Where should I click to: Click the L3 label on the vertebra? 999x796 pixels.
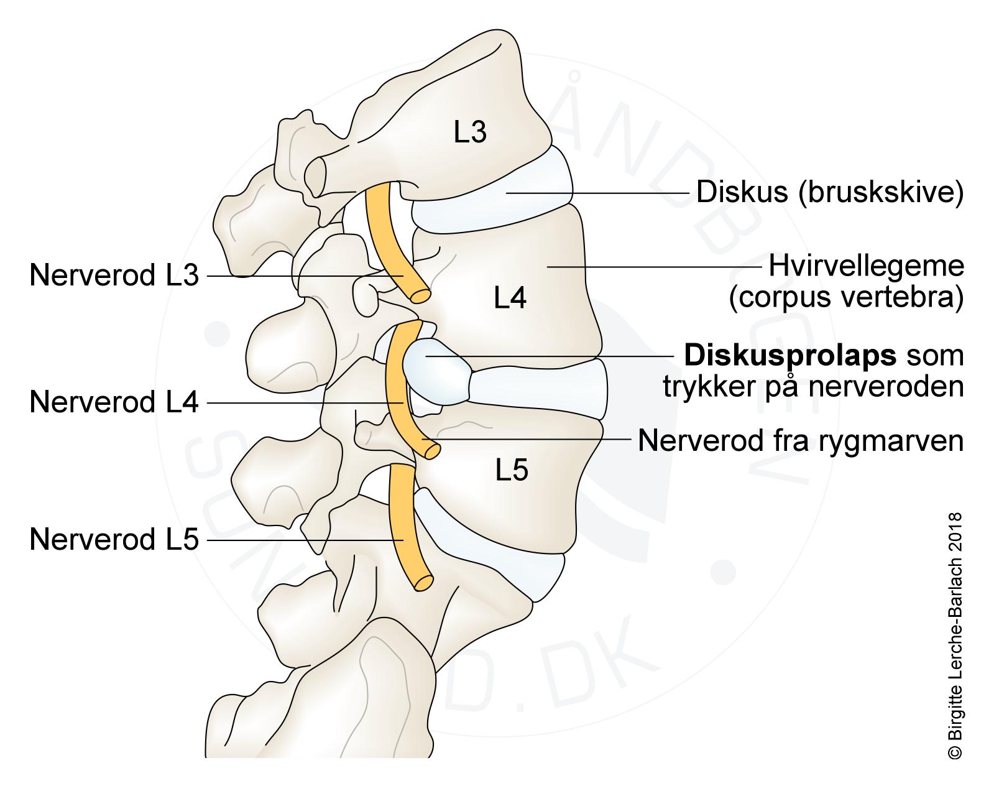[470, 132]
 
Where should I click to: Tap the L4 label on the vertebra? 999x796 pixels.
[510, 298]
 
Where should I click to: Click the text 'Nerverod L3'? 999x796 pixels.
[114, 275]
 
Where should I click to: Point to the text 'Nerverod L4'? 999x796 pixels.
[114, 403]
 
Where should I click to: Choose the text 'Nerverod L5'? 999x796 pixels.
[114, 540]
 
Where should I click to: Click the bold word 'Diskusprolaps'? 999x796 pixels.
[790, 356]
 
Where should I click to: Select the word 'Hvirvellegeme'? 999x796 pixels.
[866, 267]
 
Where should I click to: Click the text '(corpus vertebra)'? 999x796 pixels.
[846, 298]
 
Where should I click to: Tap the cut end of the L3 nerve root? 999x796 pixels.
[421, 295]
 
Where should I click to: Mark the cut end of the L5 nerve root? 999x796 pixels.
[424, 583]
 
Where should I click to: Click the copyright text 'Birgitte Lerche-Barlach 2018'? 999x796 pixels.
[955, 635]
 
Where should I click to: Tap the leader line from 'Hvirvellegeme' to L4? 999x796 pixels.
[653, 267]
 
